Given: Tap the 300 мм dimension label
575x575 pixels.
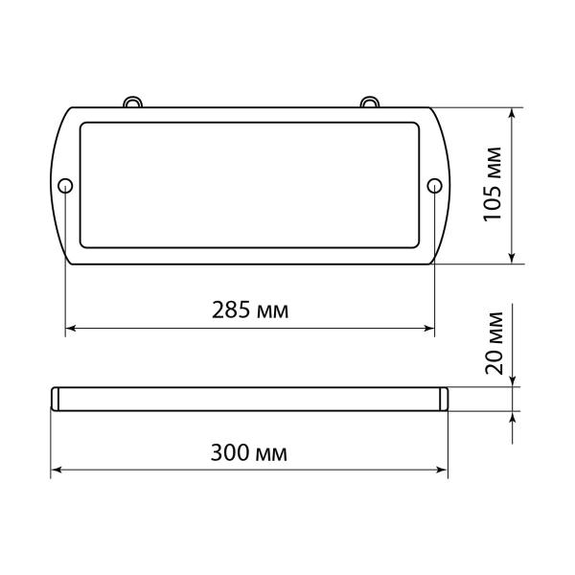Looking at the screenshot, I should click(249, 451).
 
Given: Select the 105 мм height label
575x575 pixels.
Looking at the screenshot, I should click(494, 185).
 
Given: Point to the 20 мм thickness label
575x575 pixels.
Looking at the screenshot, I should click(494, 341).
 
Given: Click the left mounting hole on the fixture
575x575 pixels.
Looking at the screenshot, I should click(65, 185).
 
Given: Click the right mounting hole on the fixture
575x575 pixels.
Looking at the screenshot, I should click(433, 185).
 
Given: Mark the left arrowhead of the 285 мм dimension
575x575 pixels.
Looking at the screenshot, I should click(70, 330).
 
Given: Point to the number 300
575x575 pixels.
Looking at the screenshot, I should click(231, 451).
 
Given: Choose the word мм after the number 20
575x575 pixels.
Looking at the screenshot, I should click(494, 326).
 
